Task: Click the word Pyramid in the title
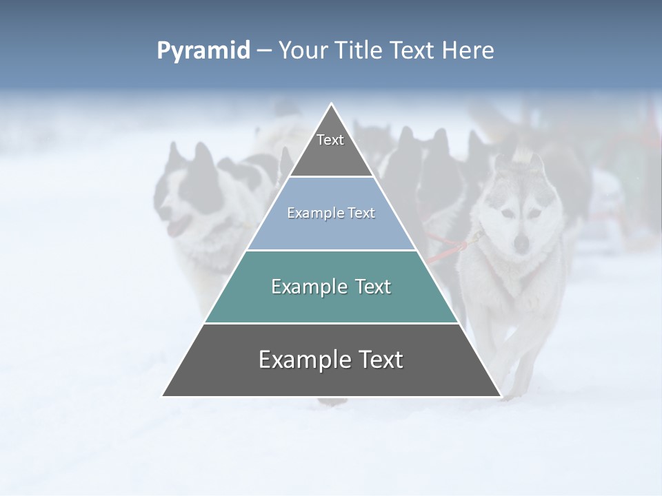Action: tap(203, 51)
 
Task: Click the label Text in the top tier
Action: tap(330, 140)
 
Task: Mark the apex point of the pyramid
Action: tap(332, 104)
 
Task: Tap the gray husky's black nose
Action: tap(522, 242)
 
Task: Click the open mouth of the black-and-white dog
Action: tap(178, 226)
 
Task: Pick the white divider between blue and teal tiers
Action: tap(331, 250)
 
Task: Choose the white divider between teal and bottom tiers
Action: tap(331, 323)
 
